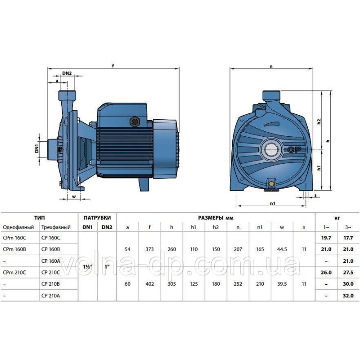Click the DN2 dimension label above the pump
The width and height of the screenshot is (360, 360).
67,73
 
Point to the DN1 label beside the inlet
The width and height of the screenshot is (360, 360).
37,147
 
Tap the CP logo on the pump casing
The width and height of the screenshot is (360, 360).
294,150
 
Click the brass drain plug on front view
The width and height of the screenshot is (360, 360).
271,183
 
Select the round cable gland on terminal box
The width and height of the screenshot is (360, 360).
134,121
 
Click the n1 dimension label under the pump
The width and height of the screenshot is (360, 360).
273,203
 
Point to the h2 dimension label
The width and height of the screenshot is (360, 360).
319,121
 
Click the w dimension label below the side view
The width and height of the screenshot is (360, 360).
74,197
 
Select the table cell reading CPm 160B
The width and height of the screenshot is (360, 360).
14,249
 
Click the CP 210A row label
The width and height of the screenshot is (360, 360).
50,296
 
